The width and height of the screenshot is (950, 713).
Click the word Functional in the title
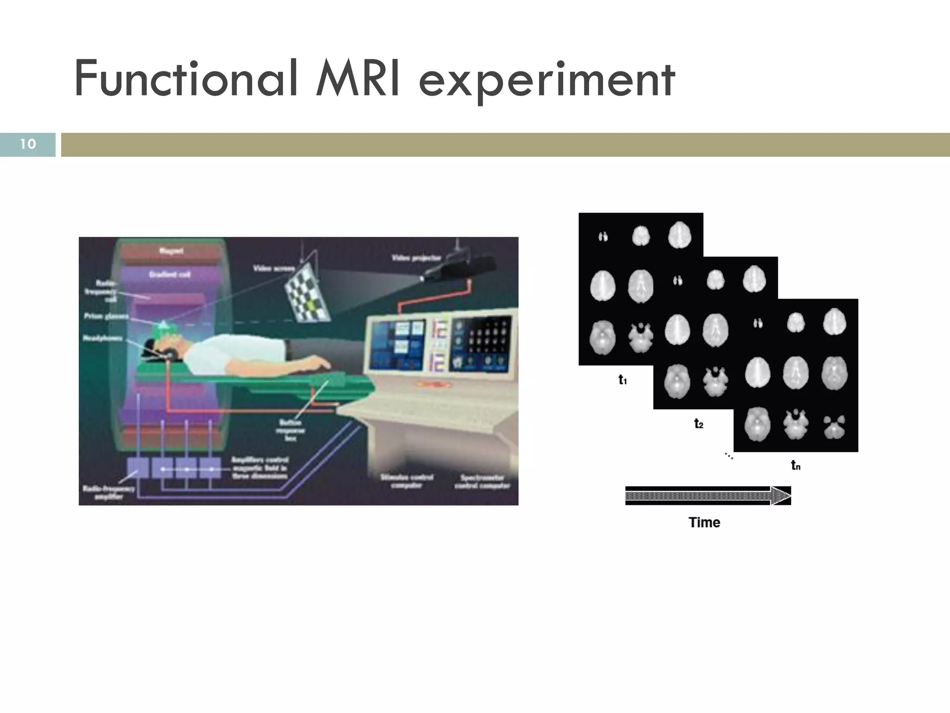pos(186,80)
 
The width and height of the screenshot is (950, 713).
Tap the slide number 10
pos(28,144)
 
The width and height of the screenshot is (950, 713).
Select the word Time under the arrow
pos(704,522)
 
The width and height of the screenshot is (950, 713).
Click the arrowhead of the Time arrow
pos(781,496)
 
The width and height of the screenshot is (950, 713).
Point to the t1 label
pos(623,380)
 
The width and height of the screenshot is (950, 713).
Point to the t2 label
pos(699,423)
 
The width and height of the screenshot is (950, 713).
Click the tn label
pos(796,465)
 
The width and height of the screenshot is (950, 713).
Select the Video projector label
pos(417,258)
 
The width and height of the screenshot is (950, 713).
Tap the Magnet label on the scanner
pos(171,251)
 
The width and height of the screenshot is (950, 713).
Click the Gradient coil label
pos(169,274)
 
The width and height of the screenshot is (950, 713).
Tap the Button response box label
pos(290,430)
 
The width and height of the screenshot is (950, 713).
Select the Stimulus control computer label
pos(406,481)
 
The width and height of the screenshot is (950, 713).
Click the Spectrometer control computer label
pos(482,481)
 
